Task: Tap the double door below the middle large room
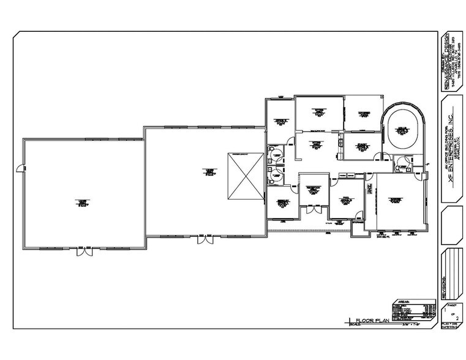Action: coord(206,240)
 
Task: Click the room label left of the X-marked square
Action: coord(209,171)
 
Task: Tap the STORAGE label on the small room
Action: coord(357,223)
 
